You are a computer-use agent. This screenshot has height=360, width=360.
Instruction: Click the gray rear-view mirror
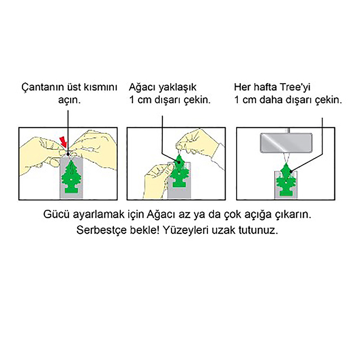tap(286, 143)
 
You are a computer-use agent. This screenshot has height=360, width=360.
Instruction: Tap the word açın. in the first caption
tap(69, 100)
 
